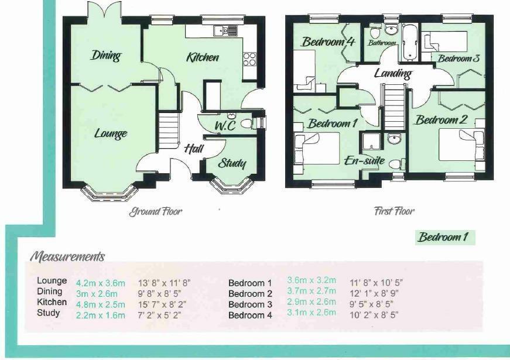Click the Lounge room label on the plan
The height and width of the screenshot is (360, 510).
[111, 133]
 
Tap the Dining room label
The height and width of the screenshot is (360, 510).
[106, 56]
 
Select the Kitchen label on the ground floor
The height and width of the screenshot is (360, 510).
[203, 57]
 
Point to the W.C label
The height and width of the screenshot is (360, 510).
[225, 126]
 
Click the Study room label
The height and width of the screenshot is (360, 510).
[232, 163]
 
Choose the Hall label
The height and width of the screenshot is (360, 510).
[193, 149]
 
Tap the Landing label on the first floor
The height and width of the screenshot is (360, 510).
[392, 73]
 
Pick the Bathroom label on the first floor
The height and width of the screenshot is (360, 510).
[382, 43]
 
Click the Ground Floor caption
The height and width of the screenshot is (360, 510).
[156, 211]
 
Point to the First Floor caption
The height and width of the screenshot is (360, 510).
[394, 211]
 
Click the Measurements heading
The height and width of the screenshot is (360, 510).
[67, 256]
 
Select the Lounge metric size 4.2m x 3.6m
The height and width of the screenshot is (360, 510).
[101, 283]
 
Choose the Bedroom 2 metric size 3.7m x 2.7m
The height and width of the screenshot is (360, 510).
[312, 292]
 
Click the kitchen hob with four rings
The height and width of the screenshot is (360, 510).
[249, 59]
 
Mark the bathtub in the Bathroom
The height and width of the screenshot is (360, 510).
[408, 42]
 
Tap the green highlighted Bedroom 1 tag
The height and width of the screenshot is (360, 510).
[444, 238]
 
